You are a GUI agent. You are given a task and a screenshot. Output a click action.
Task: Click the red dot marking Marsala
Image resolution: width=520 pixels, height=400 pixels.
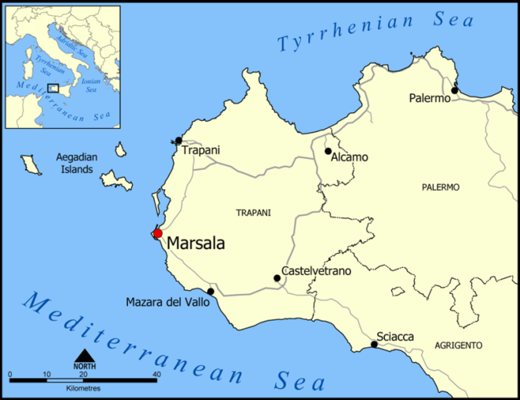(x=157, y=233)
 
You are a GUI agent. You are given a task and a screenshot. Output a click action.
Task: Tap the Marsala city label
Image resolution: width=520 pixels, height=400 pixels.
(x=196, y=244)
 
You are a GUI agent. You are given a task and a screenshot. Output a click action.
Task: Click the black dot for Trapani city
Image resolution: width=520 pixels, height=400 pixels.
(x=179, y=141)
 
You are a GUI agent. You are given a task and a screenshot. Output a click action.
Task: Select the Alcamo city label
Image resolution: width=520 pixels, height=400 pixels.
(x=350, y=157)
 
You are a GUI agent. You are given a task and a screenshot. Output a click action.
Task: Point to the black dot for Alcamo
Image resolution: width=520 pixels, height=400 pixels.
(x=328, y=151)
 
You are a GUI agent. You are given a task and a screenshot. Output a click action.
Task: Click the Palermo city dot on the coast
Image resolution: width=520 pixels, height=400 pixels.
(x=455, y=90)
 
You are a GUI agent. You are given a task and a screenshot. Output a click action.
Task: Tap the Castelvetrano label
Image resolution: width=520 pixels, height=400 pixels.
(x=317, y=271)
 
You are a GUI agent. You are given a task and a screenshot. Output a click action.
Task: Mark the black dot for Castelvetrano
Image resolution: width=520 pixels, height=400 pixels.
(x=276, y=278)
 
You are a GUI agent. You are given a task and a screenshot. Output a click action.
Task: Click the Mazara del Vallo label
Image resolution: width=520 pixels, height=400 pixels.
(x=167, y=303)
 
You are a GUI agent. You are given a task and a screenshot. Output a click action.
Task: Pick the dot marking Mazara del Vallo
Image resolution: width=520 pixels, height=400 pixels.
(x=211, y=292)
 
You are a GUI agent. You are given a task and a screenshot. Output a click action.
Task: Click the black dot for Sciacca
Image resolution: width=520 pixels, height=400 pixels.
(x=374, y=344)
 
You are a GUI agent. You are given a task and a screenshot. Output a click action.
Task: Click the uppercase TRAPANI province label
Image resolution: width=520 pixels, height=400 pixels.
(x=254, y=213)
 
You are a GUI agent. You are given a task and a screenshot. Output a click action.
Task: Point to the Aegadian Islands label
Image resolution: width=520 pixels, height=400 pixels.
(x=75, y=163)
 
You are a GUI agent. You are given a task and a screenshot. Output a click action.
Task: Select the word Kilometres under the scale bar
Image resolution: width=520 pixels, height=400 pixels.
(x=82, y=389)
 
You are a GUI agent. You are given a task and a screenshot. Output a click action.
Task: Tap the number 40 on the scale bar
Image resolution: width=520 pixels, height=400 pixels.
(x=157, y=373)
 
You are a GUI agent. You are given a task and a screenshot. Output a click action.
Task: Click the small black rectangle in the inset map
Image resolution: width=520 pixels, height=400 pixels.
(x=53, y=88)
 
